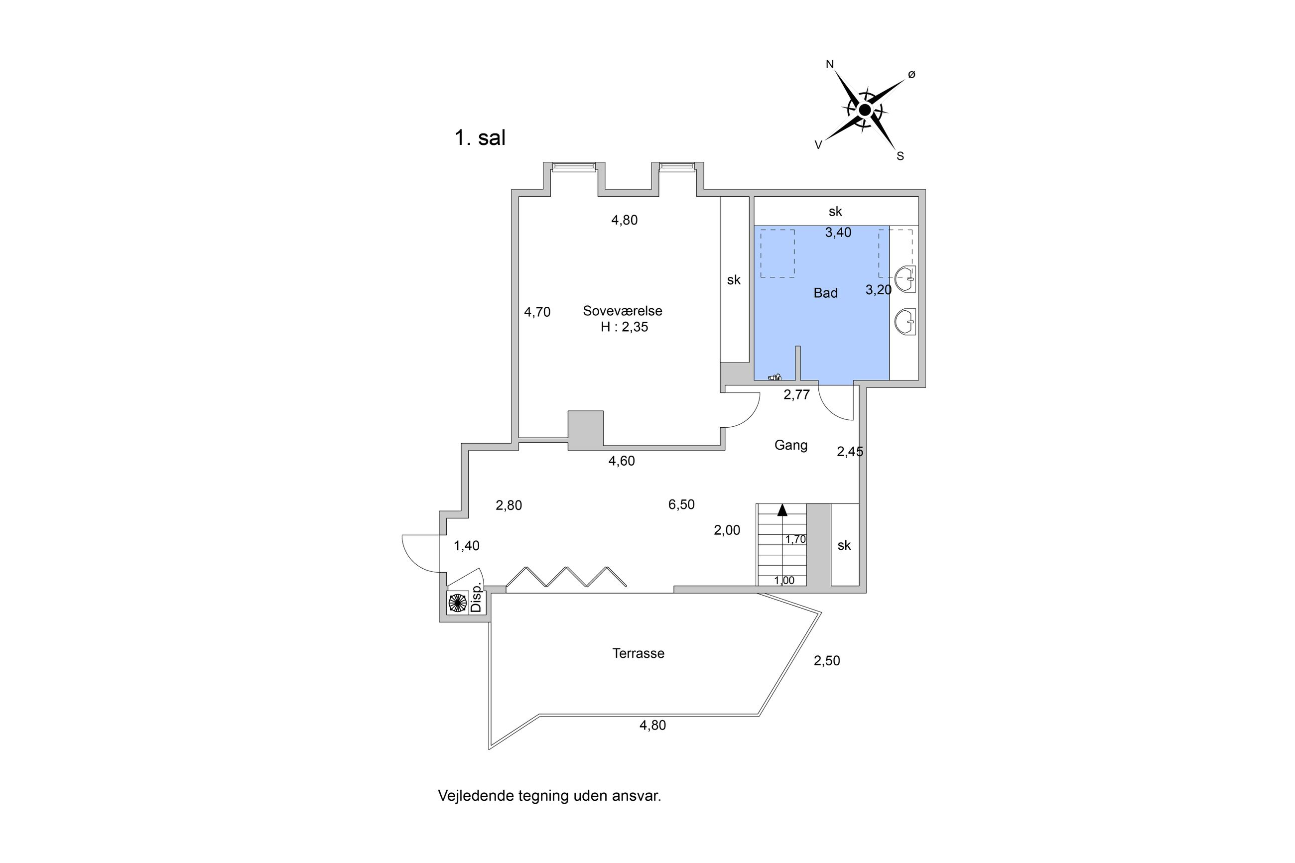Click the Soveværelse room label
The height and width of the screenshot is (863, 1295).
click(x=623, y=311)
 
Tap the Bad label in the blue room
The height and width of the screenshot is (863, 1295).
click(x=825, y=293)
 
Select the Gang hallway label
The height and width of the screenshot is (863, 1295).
click(x=791, y=445)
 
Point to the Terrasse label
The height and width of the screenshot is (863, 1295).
click(x=639, y=653)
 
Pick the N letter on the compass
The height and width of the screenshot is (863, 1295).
click(x=830, y=64)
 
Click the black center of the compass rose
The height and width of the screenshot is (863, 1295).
click(x=865, y=111)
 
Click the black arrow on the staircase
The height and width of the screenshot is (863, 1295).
click(x=782, y=509)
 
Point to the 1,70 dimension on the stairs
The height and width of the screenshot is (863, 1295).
click(x=795, y=539)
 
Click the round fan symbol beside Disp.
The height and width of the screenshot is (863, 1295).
click(x=457, y=603)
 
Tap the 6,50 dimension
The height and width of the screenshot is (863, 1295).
click(x=681, y=504)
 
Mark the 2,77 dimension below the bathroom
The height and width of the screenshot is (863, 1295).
click(x=797, y=394)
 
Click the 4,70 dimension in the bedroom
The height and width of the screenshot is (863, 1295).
click(x=537, y=312)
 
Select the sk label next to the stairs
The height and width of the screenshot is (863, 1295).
click(x=844, y=545)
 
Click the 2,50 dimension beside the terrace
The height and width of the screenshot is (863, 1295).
click(x=827, y=660)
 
